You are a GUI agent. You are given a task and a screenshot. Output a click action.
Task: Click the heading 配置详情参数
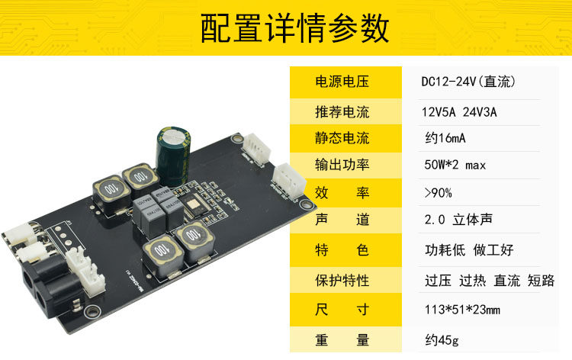click(x=294, y=28)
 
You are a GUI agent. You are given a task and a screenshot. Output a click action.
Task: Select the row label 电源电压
click(x=342, y=82)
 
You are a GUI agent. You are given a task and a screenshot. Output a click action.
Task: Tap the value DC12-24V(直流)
click(x=468, y=82)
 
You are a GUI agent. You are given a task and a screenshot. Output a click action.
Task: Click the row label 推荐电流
click(x=342, y=111)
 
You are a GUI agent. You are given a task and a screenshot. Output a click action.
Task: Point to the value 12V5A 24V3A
click(x=459, y=112)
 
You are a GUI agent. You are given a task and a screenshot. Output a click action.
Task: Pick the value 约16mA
click(x=445, y=138)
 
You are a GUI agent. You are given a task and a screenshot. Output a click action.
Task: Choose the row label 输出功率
click(x=342, y=165)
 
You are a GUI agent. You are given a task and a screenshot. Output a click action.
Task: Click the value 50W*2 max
click(x=455, y=165)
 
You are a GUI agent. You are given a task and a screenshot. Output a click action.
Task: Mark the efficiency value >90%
click(x=438, y=192)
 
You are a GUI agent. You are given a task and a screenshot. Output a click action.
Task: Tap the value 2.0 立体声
click(x=458, y=219)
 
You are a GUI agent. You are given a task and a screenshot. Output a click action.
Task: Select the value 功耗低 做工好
click(x=469, y=250)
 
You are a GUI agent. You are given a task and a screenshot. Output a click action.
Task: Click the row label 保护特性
click(x=342, y=281)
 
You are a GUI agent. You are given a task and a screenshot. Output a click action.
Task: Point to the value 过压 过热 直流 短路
click(x=490, y=281)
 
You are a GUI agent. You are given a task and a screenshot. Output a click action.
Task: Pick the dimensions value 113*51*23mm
click(x=462, y=310)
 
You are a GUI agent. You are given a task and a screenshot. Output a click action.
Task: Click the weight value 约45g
click(x=442, y=340)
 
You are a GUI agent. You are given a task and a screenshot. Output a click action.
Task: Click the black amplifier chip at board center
click(x=194, y=206)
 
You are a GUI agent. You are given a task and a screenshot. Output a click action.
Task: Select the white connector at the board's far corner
click(x=257, y=149)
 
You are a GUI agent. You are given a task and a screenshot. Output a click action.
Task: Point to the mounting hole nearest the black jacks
click(x=92, y=311)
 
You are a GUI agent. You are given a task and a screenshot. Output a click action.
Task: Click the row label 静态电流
click(x=342, y=138)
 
